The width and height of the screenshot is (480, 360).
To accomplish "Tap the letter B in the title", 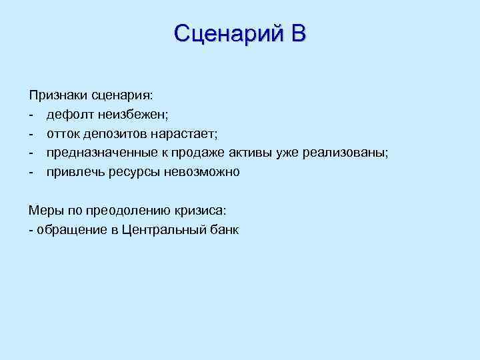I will coord(298,33).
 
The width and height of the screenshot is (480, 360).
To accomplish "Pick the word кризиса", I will coord(201,211).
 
